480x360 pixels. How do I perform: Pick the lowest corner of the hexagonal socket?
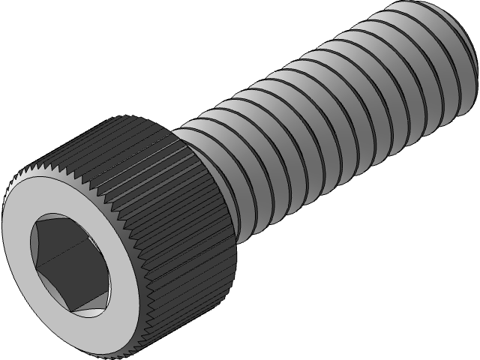82,310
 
